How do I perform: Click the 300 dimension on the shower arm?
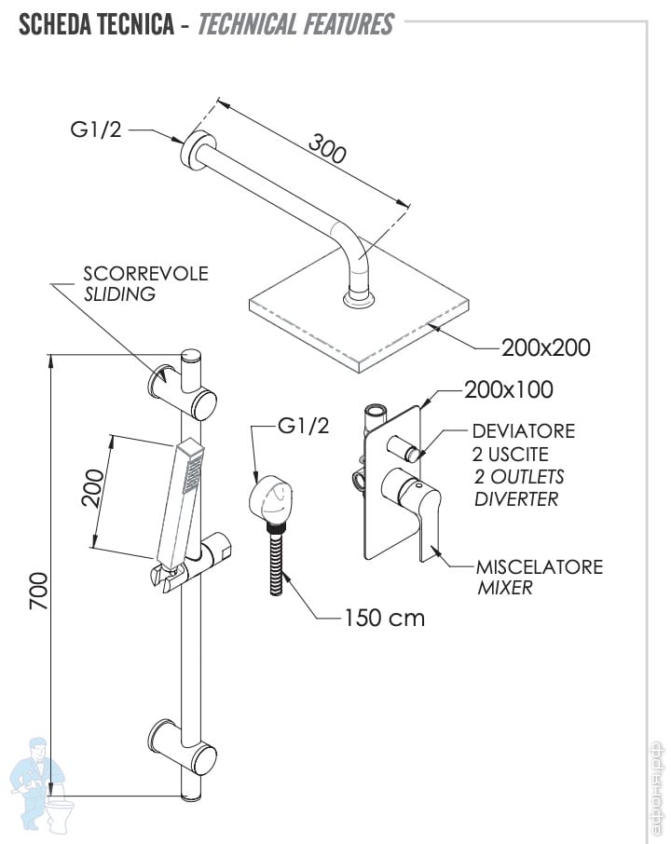[x=327, y=149]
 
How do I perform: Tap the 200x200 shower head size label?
[x=545, y=347]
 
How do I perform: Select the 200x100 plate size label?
[x=508, y=389]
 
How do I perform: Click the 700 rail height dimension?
[x=38, y=591]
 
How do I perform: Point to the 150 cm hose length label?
[x=383, y=617]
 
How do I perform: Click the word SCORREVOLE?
[x=145, y=274]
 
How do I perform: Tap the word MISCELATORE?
[x=539, y=566]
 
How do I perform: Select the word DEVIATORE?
[x=523, y=431]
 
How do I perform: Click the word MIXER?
[x=504, y=588]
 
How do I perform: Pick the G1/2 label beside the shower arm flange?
[x=97, y=129]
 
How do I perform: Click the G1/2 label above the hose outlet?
[x=303, y=427]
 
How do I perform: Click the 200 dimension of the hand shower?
[x=92, y=487]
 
